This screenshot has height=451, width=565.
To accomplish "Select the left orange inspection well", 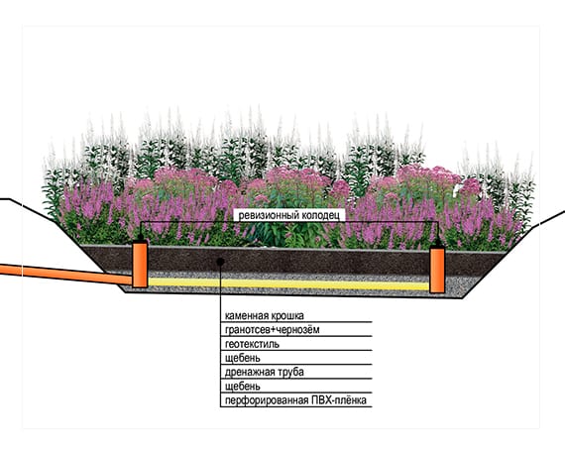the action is coord(140,265).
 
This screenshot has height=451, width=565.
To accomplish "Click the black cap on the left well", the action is coord(140,238).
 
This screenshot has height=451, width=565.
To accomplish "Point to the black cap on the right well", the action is coord(437,243).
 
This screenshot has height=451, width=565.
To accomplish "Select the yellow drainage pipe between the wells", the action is coord(288,283).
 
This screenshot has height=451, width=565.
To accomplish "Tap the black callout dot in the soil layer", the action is coord(220,262).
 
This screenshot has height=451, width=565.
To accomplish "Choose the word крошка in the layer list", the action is coord(287,316).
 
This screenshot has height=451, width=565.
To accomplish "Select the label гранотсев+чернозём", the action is coord(272,330).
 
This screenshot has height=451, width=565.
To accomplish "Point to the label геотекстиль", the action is coord(252,344).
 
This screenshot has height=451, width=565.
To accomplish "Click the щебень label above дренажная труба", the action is coord(243,358).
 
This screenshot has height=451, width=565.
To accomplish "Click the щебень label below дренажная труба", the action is coord(243,387).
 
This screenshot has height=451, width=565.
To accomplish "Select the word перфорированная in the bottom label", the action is coord(267,400).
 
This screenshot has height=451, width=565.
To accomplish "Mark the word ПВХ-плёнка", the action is coord(339,400).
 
